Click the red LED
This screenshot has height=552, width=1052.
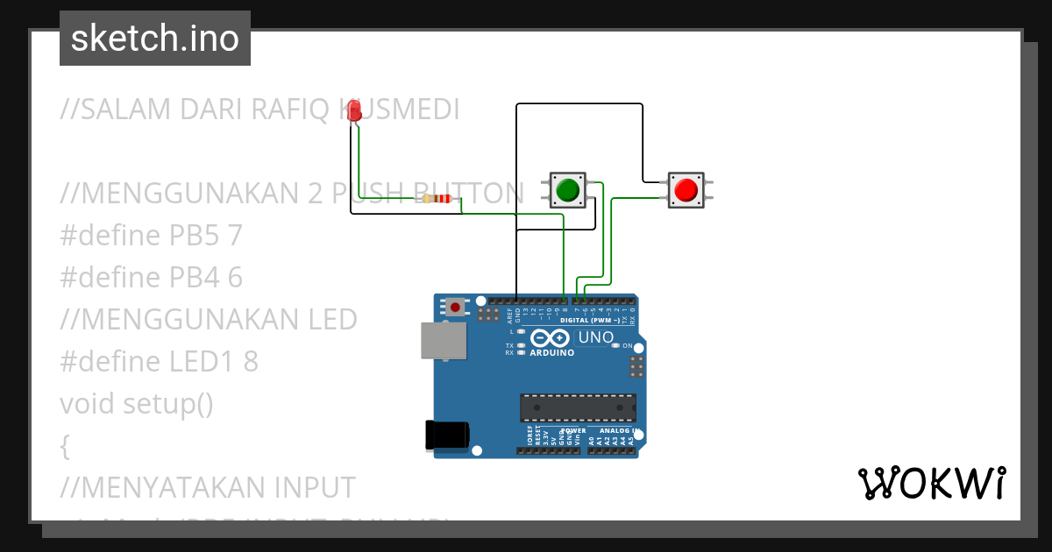354,111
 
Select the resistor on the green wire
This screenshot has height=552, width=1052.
437,200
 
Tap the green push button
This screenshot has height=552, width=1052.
567,189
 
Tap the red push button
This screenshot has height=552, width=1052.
686,189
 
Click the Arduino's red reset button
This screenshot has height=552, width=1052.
457,307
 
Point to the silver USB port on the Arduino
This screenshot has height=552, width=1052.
444,341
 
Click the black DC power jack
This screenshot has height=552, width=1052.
447,435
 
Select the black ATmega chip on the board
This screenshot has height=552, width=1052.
578,407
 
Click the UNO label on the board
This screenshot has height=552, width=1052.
596,337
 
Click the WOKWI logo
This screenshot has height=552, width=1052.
931,484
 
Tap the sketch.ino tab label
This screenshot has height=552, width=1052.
155,39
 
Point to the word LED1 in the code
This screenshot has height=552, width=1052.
206,362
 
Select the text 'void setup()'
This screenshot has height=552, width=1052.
137,404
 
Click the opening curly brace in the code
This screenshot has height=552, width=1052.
65,446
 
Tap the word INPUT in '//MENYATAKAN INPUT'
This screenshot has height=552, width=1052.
307,487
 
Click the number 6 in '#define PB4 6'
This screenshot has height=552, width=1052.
234,278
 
